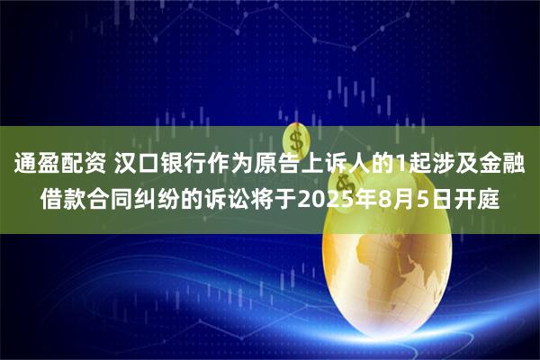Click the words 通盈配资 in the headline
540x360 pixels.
pyautogui.click(x=58, y=164)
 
